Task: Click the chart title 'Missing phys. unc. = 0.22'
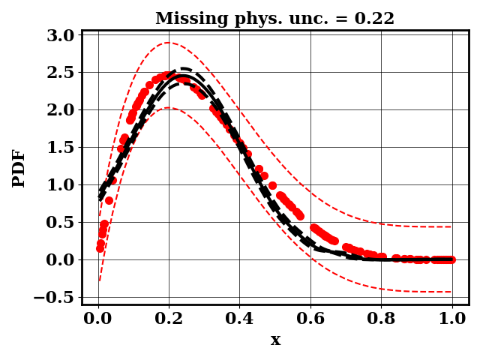[274, 19]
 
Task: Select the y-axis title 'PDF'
[19, 168]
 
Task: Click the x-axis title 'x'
[275, 340]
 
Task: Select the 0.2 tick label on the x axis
[169, 318]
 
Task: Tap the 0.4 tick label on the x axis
[240, 318]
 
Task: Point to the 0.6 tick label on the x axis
[310, 318]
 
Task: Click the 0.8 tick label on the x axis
[382, 318]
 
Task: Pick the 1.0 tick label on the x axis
[452, 318]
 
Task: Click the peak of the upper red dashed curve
[168, 43]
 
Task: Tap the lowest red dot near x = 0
[100, 248]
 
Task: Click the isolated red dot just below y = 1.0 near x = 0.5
[272, 185]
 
